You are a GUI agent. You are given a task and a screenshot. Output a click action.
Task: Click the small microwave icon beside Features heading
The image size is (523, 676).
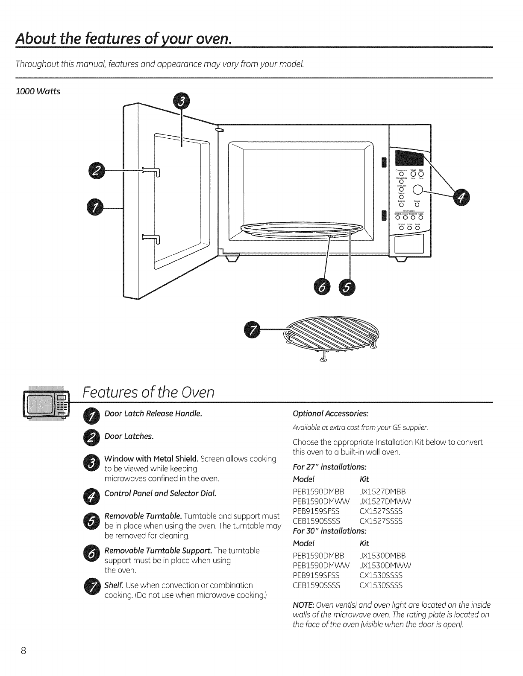point(46,405)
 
